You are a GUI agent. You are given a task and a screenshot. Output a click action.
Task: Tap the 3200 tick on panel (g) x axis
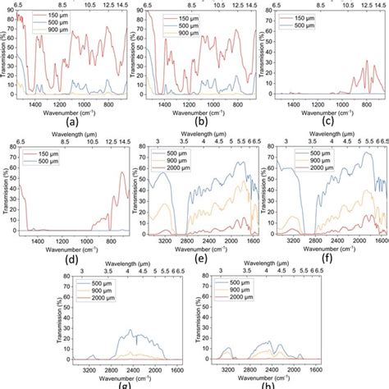pyautogui.click(x=91, y=368)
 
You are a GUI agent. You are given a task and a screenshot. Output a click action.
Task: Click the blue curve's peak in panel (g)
pyautogui.click(x=132, y=331)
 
